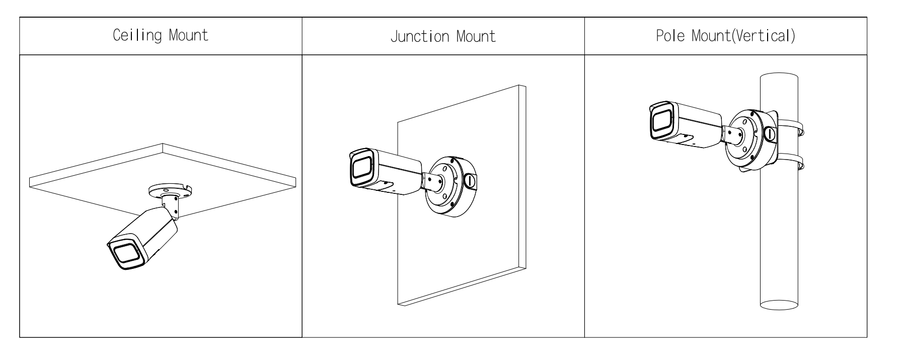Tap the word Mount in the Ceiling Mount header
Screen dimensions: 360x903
[x=188, y=36]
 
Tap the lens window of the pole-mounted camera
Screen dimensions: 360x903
[x=660, y=121]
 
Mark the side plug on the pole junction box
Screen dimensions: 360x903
[x=770, y=134]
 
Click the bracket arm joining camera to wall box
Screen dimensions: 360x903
[x=432, y=181]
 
